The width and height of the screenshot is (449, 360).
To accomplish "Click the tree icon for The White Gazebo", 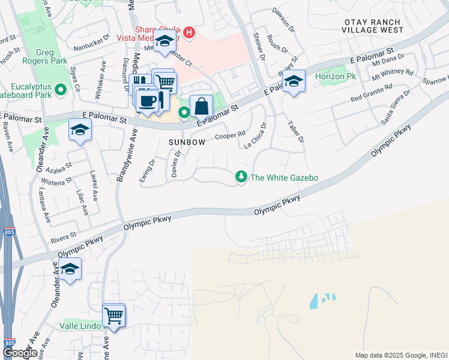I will (x=241, y=177).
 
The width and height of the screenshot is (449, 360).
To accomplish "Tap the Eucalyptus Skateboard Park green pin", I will (x=60, y=90).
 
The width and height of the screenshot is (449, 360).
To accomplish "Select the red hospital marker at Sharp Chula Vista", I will (x=189, y=32).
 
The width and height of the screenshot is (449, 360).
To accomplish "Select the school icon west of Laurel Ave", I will (x=80, y=130).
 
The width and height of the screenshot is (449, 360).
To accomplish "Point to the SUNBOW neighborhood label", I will (x=187, y=142).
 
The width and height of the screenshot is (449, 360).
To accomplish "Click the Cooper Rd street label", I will (x=231, y=136).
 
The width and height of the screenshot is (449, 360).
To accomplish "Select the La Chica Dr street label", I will (x=255, y=136).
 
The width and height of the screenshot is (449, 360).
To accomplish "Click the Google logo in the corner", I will (x=19, y=353).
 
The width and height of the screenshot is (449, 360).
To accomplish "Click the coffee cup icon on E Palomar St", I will (x=148, y=99).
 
